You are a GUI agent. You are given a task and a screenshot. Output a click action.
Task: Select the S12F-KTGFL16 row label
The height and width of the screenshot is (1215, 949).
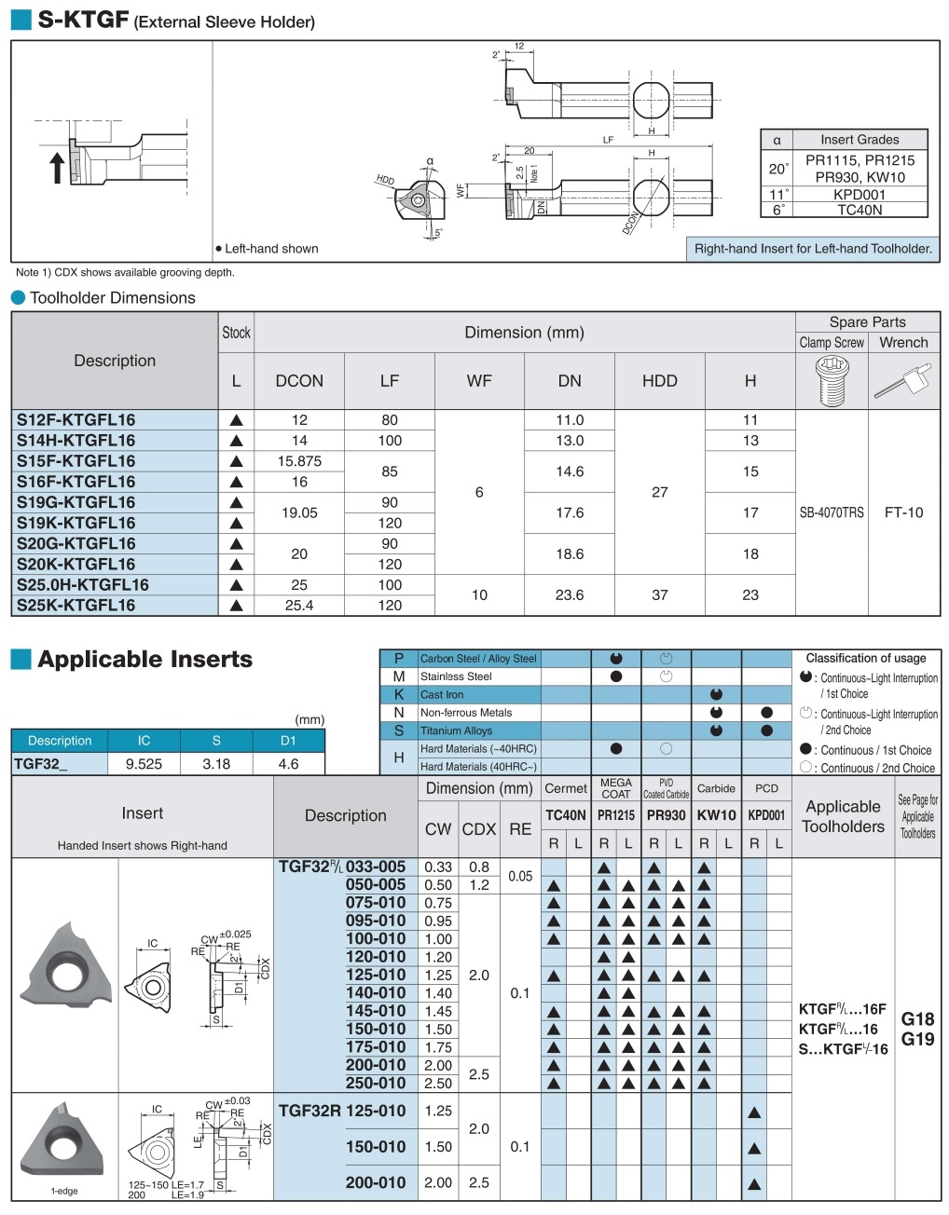pyautogui.click(x=76, y=420)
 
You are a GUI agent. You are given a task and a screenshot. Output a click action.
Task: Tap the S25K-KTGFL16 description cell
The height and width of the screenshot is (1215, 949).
pyautogui.click(x=76, y=606)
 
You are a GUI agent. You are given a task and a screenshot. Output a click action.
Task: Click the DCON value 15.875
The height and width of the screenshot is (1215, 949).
pyautogui.click(x=299, y=461)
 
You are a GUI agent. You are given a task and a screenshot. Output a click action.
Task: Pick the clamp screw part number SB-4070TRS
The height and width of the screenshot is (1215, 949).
pyautogui.click(x=832, y=512)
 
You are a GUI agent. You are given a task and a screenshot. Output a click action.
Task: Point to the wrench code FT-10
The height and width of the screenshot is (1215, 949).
pyautogui.click(x=903, y=512)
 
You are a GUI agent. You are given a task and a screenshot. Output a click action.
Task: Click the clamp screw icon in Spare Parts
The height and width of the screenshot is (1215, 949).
pyautogui.click(x=832, y=381)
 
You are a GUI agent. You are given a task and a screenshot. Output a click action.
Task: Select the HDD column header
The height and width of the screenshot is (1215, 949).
pyautogui.click(x=659, y=381)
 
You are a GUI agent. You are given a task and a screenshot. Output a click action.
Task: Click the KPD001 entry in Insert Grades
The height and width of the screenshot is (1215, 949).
pyautogui.click(x=859, y=195)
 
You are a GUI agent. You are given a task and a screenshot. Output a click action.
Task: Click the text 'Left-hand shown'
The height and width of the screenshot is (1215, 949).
pyautogui.click(x=271, y=249)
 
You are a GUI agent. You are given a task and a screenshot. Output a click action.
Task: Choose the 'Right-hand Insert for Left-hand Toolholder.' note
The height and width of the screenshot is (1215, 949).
pyautogui.click(x=813, y=249)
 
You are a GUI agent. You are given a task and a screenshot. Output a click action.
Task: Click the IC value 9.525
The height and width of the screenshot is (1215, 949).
pyautogui.click(x=144, y=764)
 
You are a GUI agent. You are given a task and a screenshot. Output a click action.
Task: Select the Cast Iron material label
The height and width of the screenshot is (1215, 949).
pyautogui.click(x=442, y=695)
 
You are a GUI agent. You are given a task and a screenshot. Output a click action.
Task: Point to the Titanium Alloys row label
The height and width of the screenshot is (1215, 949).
pyautogui.click(x=456, y=731)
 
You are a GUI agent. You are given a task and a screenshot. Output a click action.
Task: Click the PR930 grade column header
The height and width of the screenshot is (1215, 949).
pyautogui.click(x=666, y=815)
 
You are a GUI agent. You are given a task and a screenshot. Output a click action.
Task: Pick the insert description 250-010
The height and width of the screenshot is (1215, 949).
pyautogui.click(x=376, y=1084)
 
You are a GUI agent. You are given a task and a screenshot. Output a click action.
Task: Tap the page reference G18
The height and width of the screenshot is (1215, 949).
pyautogui.click(x=917, y=1019)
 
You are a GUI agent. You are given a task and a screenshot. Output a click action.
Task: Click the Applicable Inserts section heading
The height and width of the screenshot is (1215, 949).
pyautogui.click(x=144, y=660)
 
